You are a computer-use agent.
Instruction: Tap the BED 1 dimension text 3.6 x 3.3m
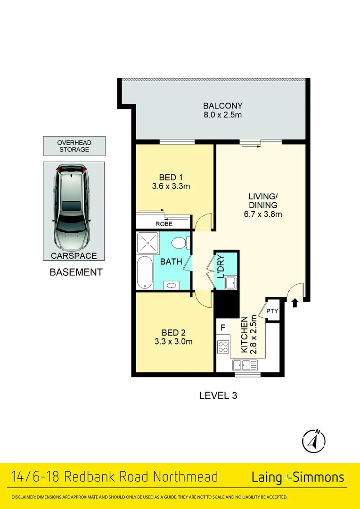171,186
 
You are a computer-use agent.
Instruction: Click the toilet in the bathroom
180,242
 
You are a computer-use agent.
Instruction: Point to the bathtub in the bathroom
144,273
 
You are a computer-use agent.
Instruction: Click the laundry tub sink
230,283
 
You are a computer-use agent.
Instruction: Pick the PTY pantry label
272,311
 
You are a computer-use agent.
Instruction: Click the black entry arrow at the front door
295,303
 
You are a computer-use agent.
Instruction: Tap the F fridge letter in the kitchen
223,327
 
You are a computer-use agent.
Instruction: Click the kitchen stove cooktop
223,347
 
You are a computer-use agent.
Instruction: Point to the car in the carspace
74,207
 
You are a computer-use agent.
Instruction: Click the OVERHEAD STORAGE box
74,146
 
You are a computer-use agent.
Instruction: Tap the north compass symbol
313,441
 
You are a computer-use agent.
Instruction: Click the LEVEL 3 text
218,395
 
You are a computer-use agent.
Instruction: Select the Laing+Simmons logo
297,477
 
